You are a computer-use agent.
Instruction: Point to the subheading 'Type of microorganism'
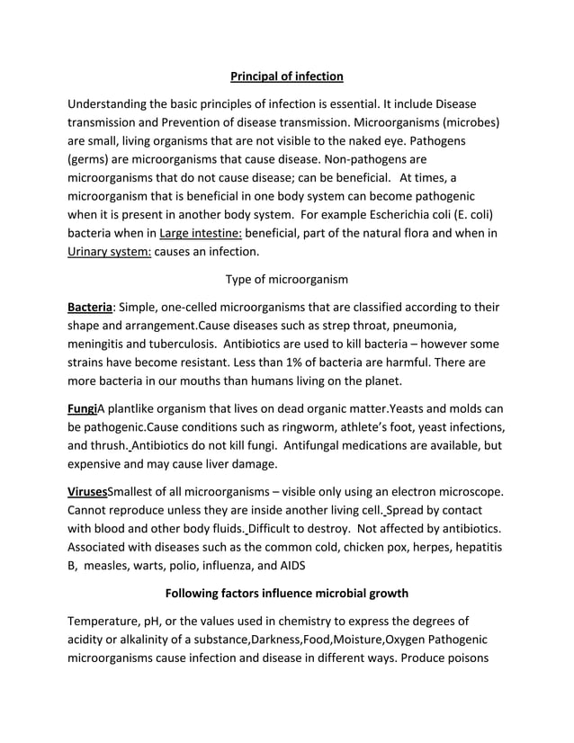(x=286, y=280)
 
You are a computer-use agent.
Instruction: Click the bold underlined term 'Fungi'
(x=83, y=407)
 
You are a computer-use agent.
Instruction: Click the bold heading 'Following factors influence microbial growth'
(x=286, y=593)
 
